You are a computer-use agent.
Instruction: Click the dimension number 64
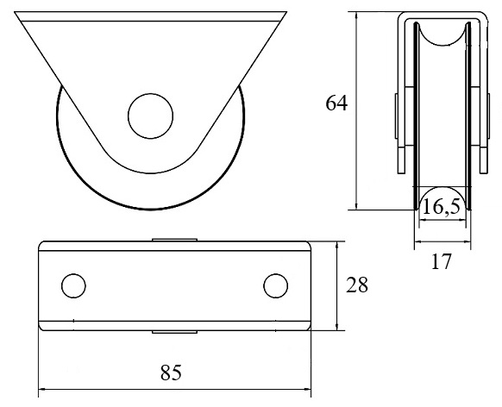pos(336,103)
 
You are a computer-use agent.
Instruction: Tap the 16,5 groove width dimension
pos(442,206)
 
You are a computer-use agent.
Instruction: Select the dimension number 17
pos(441,261)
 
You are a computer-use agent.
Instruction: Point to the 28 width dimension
pos(356,285)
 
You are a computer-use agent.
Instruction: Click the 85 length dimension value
pos(171,373)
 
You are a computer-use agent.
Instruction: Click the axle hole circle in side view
pos(150,116)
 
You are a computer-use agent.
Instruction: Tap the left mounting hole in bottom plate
pos(73,285)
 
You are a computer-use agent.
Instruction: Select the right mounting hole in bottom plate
pos(276,285)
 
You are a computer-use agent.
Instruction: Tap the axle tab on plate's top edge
pos(174,240)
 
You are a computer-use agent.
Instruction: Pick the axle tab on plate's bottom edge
pos(174,332)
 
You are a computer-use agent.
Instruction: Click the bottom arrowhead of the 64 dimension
pos(356,206)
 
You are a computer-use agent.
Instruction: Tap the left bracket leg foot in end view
pos(401,160)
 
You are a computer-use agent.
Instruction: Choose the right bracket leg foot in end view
pos(483,160)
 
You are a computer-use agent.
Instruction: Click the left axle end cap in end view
pos(397,116)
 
